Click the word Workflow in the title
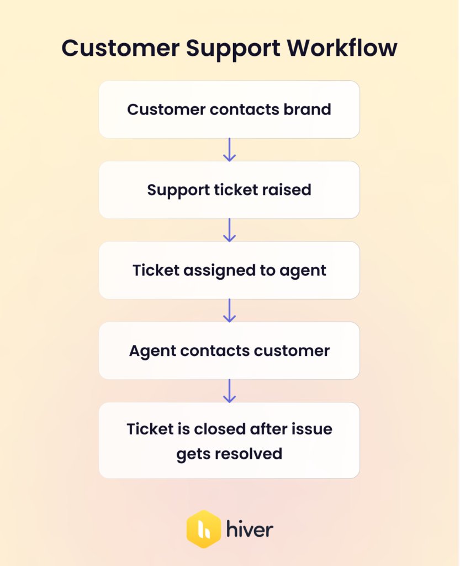(x=342, y=48)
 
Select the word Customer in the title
(x=120, y=48)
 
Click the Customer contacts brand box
(x=229, y=109)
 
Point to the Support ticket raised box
(x=229, y=190)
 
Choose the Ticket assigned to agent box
(x=229, y=270)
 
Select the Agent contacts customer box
(x=229, y=351)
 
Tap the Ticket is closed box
(x=229, y=441)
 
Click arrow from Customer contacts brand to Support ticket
(x=229, y=150)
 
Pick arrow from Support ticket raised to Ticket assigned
(x=229, y=230)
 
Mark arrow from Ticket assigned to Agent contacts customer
(x=229, y=311)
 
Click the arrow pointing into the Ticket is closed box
(x=229, y=391)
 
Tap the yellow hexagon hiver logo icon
(x=204, y=529)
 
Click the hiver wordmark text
(x=250, y=530)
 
